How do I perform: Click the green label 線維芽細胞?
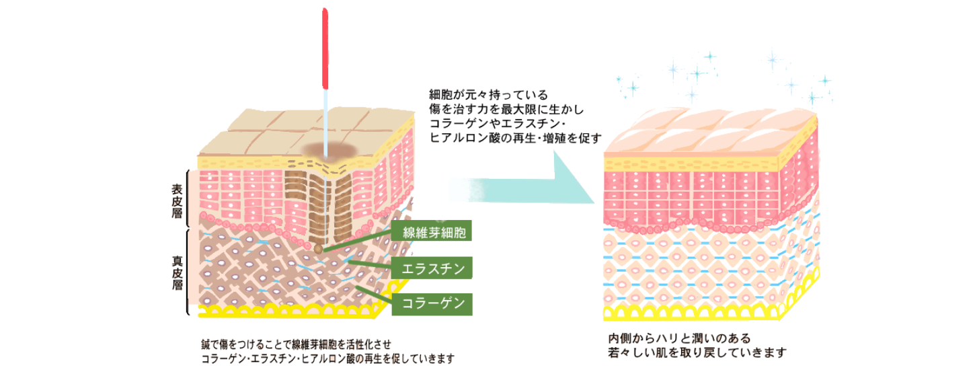(x=432, y=233)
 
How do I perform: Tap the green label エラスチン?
(x=432, y=268)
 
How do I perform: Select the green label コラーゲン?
(x=432, y=303)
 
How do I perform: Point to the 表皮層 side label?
(x=177, y=199)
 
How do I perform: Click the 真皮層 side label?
(x=177, y=271)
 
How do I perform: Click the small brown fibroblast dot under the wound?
(x=318, y=249)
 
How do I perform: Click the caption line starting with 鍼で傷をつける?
(x=296, y=344)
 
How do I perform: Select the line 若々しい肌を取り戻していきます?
(x=697, y=353)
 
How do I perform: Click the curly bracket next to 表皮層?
(x=188, y=199)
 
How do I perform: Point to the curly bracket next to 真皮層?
(x=188, y=272)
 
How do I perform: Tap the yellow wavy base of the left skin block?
(x=289, y=311)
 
